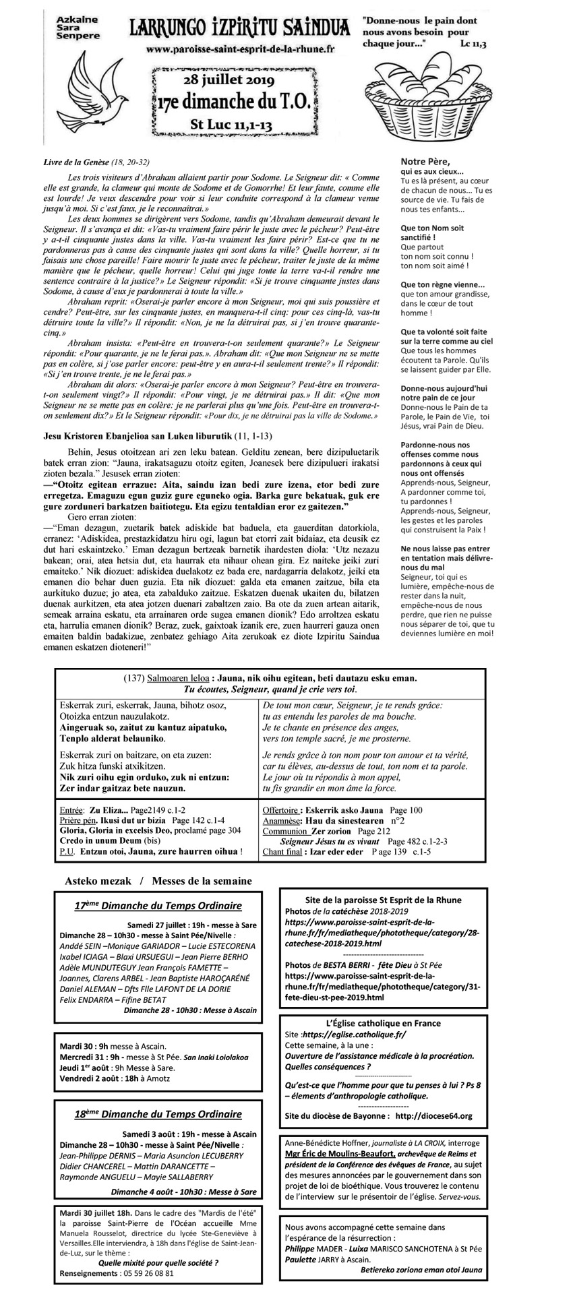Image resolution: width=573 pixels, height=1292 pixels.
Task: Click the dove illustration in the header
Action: point(92,90)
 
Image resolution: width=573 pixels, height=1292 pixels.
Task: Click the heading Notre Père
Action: point(427,161)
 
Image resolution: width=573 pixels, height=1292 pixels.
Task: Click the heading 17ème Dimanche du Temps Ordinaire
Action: point(158,906)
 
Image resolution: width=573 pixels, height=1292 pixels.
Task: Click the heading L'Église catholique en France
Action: point(382,1023)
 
